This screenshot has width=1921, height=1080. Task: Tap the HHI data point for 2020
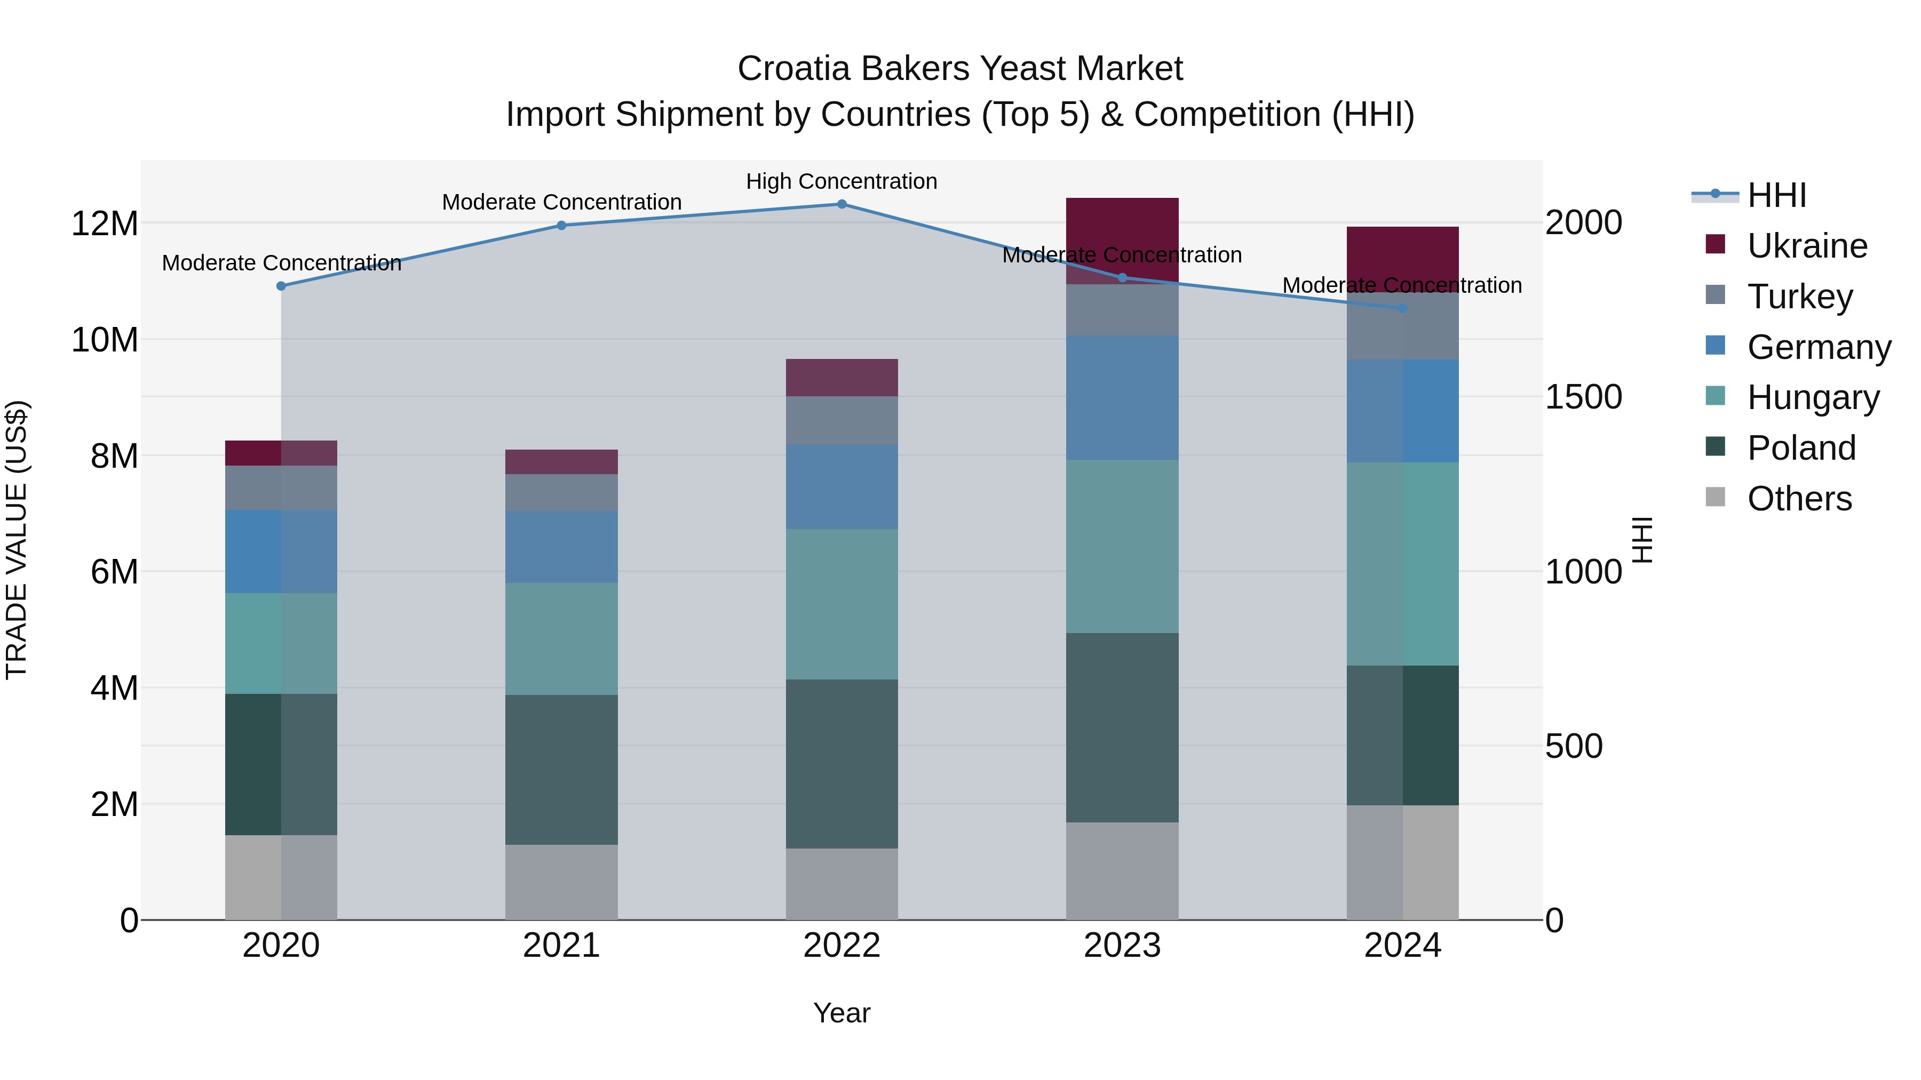pyautogui.click(x=281, y=286)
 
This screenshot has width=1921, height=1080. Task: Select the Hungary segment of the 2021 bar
pyautogui.click(x=561, y=639)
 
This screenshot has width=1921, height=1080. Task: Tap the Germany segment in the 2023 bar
pyautogui.click(x=1122, y=397)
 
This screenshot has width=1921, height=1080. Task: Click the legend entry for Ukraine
pyautogui.click(x=1806, y=246)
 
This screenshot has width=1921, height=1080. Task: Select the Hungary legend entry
pyautogui.click(x=1812, y=397)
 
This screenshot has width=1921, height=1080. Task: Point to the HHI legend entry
pyautogui.click(x=1776, y=195)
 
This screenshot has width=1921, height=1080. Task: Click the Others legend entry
pyautogui.click(x=1799, y=499)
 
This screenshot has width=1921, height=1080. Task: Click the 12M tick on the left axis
pyautogui.click(x=105, y=223)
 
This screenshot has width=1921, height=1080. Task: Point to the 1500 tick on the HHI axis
pyautogui.click(x=1583, y=397)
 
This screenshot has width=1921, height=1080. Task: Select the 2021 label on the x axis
pyautogui.click(x=561, y=946)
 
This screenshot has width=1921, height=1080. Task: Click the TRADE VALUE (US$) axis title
pyautogui.click(x=17, y=540)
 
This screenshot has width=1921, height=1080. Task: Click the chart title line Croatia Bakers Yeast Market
pyautogui.click(x=960, y=69)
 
